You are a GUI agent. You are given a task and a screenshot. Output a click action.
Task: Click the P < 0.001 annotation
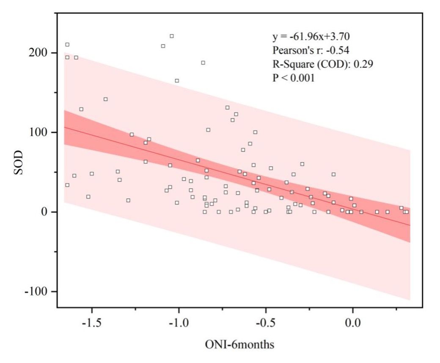(x=294, y=78)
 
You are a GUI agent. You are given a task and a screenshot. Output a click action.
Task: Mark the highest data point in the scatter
(x=171, y=36)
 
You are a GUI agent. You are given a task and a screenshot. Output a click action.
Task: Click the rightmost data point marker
(x=407, y=212)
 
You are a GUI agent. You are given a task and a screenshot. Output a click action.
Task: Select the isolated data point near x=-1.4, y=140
(x=106, y=99)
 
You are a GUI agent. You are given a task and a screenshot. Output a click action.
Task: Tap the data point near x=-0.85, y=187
(x=203, y=63)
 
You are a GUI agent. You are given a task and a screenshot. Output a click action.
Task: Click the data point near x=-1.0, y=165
(x=177, y=81)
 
